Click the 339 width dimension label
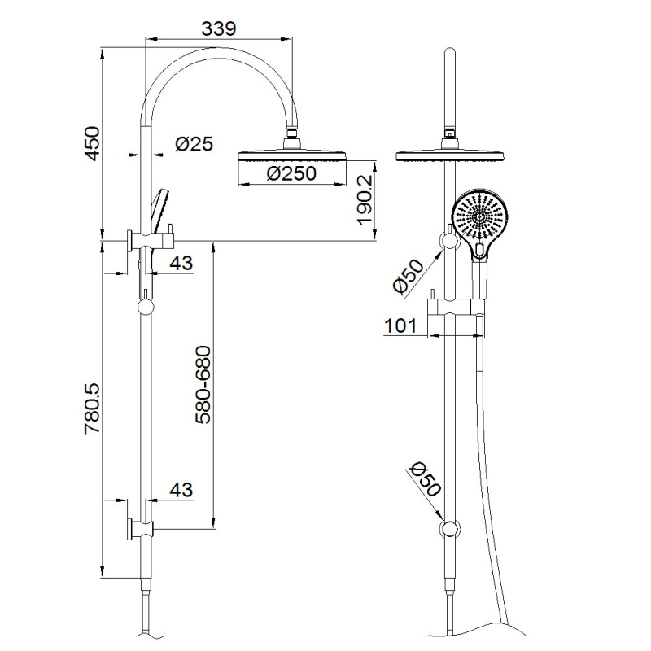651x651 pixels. click(x=218, y=28)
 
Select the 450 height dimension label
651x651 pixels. click(x=92, y=144)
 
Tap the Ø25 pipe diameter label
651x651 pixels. click(x=194, y=144)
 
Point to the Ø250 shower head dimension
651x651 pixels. click(x=291, y=173)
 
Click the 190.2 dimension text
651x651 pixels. click(x=365, y=199)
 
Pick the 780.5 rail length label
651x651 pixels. click(x=92, y=409)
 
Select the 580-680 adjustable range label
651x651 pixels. click(x=203, y=386)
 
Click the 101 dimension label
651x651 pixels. click(x=400, y=326)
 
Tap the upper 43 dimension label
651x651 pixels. click(x=181, y=263)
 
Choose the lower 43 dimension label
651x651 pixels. click(x=181, y=490)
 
